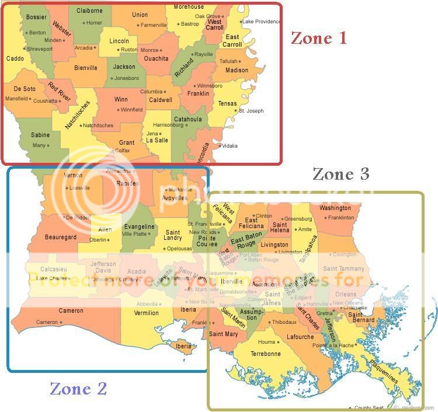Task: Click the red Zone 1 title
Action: (x=319, y=39)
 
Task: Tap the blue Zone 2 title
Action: (x=78, y=388)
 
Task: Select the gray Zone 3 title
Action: (x=341, y=174)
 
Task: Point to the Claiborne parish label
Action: (x=89, y=11)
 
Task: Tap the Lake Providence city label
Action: (x=261, y=22)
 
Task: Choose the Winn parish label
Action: (x=121, y=99)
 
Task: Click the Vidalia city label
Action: (x=230, y=145)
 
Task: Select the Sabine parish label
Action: (x=40, y=135)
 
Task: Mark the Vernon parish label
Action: (x=73, y=176)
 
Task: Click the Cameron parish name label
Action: (x=71, y=310)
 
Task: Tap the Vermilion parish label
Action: (x=146, y=313)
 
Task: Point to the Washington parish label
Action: (x=335, y=208)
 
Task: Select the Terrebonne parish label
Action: (x=266, y=354)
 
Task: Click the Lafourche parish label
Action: (x=300, y=337)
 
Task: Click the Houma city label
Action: (x=266, y=342)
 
